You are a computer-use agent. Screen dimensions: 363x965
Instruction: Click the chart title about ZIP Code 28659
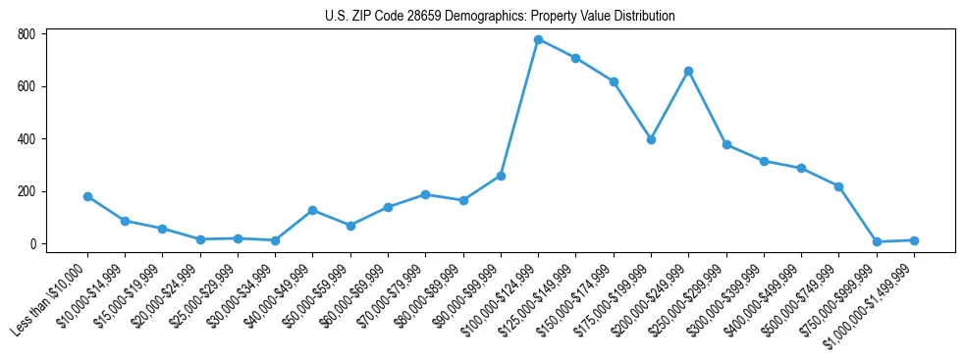click(x=500, y=17)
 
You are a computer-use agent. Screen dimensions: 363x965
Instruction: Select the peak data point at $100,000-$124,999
click(x=538, y=39)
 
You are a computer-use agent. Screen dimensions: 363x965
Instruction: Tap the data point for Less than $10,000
click(x=87, y=196)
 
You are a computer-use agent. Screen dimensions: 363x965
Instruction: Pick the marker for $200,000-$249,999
click(x=688, y=71)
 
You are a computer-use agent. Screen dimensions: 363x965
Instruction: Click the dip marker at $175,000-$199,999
click(x=651, y=139)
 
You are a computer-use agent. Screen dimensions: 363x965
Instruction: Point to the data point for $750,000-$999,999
click(x=877, y=241)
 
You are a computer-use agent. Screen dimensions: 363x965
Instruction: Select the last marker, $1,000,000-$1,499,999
click(x=914, y=240)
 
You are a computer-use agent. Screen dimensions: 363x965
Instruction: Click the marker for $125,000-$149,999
click(x=575, y=58)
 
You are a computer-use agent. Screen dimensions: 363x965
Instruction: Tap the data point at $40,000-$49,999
click(x=312, y=210)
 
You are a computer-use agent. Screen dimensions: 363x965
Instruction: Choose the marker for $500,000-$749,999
click(x=838, y=186)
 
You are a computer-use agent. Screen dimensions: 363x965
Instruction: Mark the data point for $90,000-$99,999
click(x=501, y=176)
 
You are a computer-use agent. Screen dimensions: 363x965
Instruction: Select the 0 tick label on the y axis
click(x=32, y=244)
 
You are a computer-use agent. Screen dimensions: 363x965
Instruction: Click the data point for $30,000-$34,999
click(x=275, y=240)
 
